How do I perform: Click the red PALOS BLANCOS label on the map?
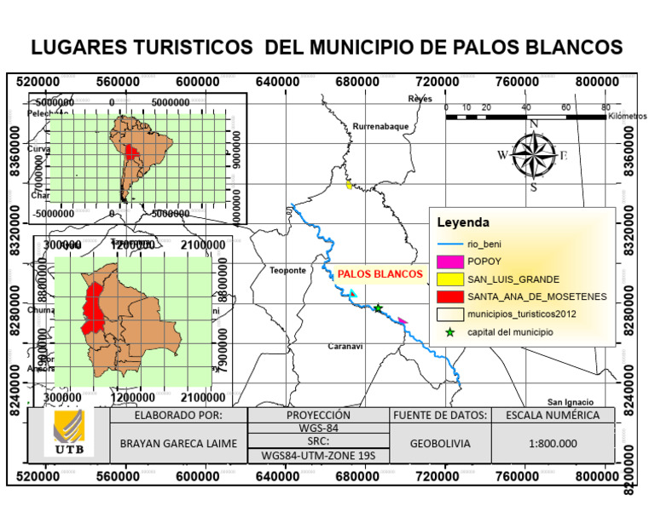(x=380, y=274)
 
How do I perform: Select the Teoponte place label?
(x=287, y=270)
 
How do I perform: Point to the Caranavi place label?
(x=345, y=346)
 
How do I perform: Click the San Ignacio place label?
(x=570, y=401)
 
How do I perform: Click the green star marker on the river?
(x=378, y=308)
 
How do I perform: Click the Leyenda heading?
(x=462, y=222)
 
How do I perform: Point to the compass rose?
(x=534, y=154)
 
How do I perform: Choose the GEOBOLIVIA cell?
(x=438, y=444)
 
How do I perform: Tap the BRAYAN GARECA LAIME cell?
(x=177, y=444)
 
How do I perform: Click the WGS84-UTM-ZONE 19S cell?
(x=317, y=456)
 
